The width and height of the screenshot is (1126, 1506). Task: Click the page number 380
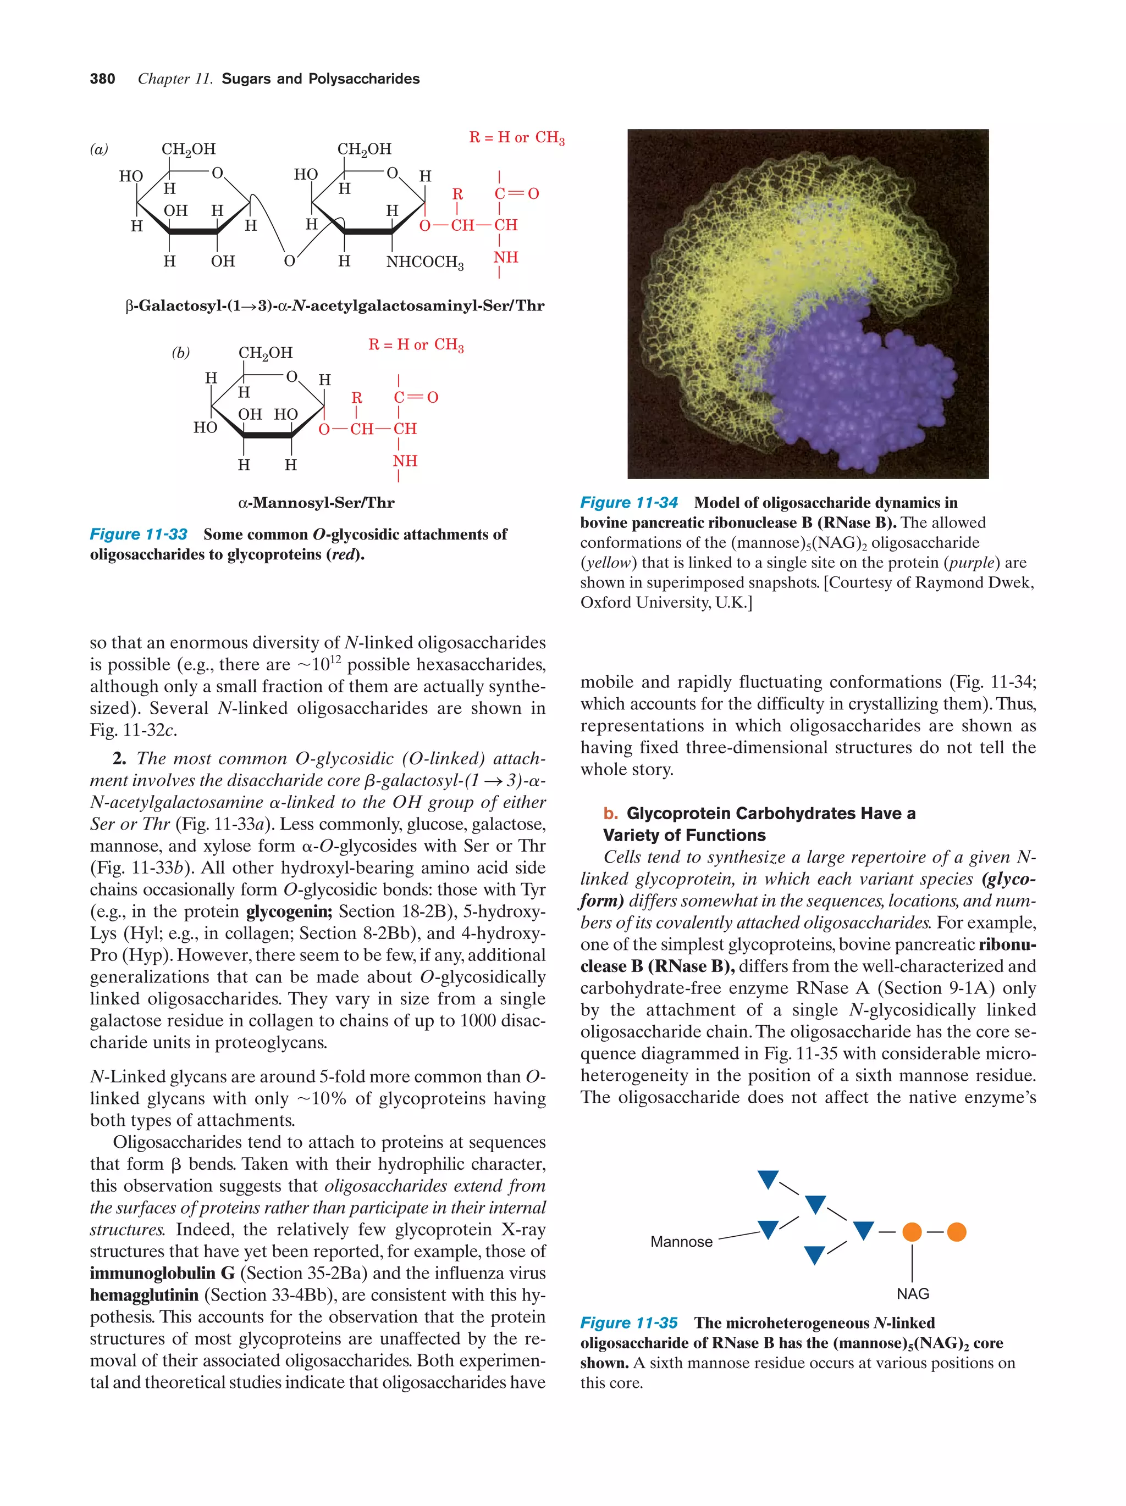point(102,79)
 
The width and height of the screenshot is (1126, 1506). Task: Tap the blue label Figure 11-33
point(139,535)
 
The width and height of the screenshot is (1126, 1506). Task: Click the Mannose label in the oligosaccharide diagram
point(681,1242)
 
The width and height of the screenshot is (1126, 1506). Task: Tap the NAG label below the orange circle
point(912,1293)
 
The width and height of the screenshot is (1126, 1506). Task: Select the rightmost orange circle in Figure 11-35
point(956,1232)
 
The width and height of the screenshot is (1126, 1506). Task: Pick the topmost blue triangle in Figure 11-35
point(768,1179)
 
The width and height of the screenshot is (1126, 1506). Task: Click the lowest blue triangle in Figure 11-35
point(814,1254)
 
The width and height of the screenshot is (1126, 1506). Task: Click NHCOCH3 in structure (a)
point(424,262)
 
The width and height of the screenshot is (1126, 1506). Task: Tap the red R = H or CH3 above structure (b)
point(416,345)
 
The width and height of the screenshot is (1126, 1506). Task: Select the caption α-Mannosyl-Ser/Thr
point(316,503)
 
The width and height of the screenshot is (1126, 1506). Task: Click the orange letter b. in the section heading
point(610,814)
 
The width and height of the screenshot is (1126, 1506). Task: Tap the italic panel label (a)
point(99,149)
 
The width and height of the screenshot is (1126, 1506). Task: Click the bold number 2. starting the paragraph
point(120,759)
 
